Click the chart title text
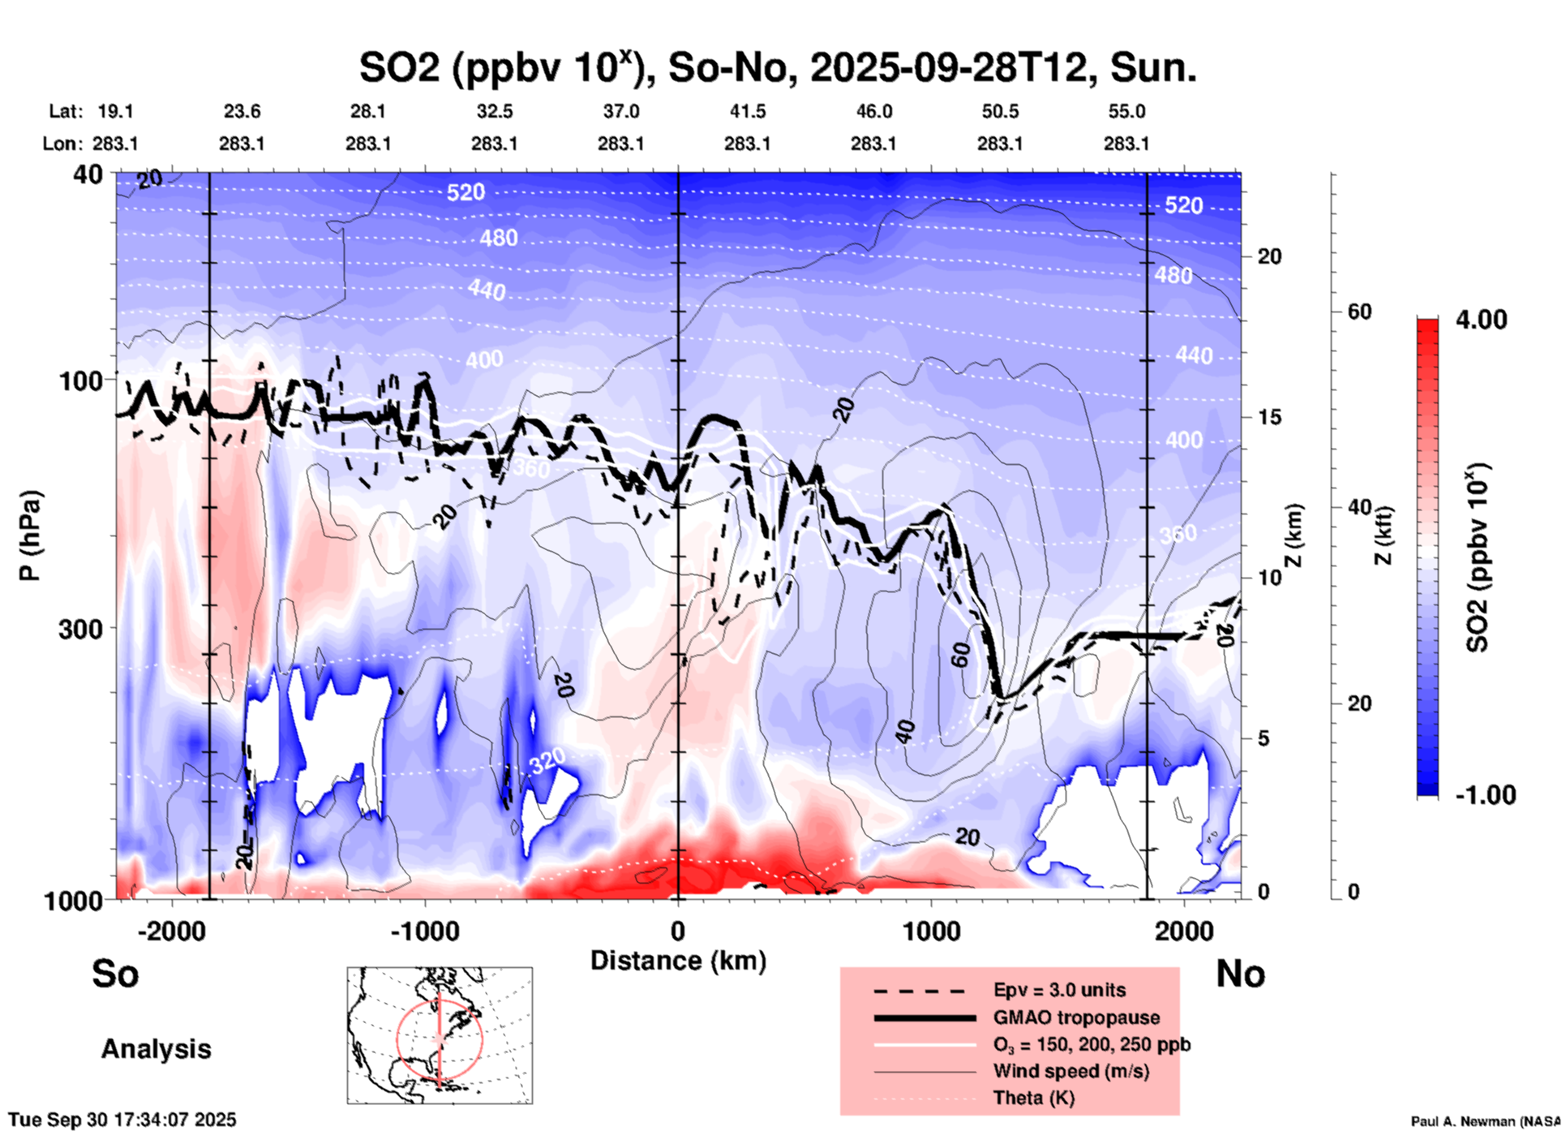coord(777,68)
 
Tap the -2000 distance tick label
coord(171,931)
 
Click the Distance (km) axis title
coord(678,961)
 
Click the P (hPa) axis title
coord(30,535)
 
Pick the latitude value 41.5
coord(747,111)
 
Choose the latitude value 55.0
coord(1126,111)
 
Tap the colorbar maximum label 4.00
coord(1481,320)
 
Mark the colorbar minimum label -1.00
coord(1484,795)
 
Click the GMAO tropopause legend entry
coord(1076,1017)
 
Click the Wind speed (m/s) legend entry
coord(1071,1071)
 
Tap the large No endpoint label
coord(1240,974)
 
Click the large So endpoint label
coord(115,974)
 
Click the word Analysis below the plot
coord(156,1049)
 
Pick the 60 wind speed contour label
coord(960,654)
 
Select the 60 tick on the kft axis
coord(1359,312)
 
